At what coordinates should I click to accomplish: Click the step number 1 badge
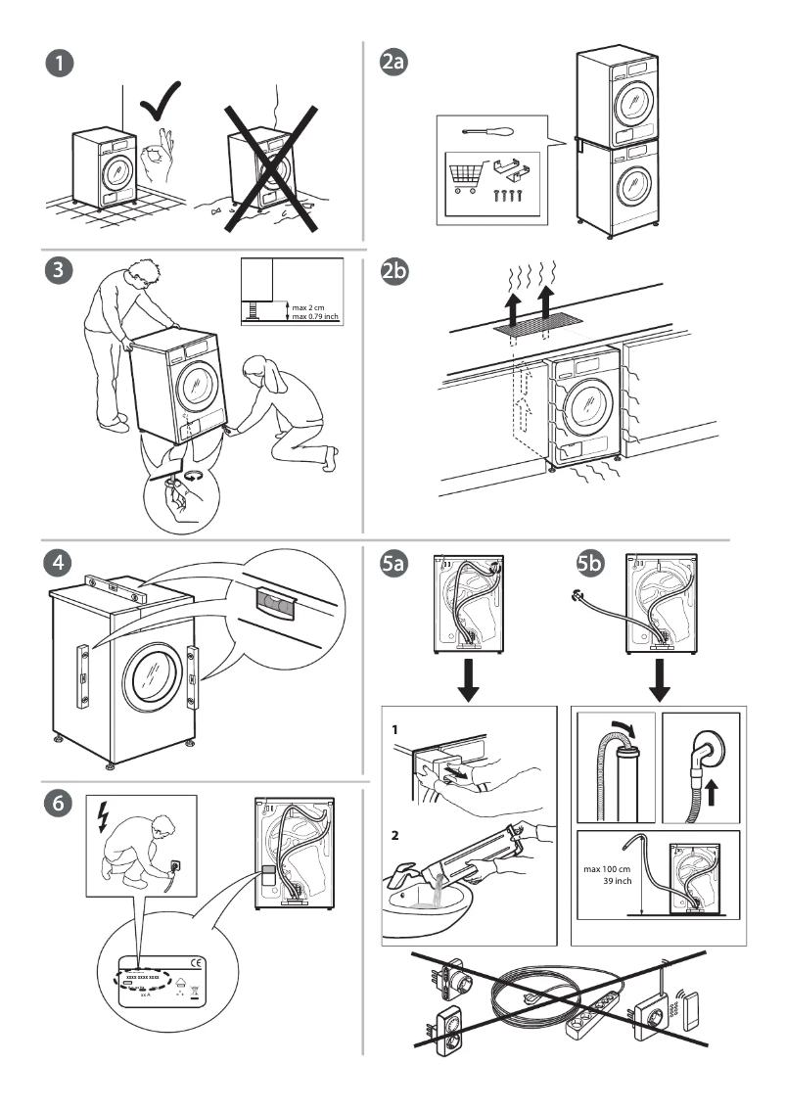(61, 65)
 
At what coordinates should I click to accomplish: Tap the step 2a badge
(393, 64)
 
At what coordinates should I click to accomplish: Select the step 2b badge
(393, 275)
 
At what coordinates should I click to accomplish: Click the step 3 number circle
(61, 273)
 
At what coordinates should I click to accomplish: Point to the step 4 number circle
(61, 565)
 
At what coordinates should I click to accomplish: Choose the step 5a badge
(394, 565)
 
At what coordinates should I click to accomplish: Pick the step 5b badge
(591, 565)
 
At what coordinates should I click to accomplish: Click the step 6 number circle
(61, 802)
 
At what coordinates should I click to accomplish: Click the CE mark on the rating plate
(196, 961)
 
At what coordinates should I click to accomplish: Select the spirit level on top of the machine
(115, 589)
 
